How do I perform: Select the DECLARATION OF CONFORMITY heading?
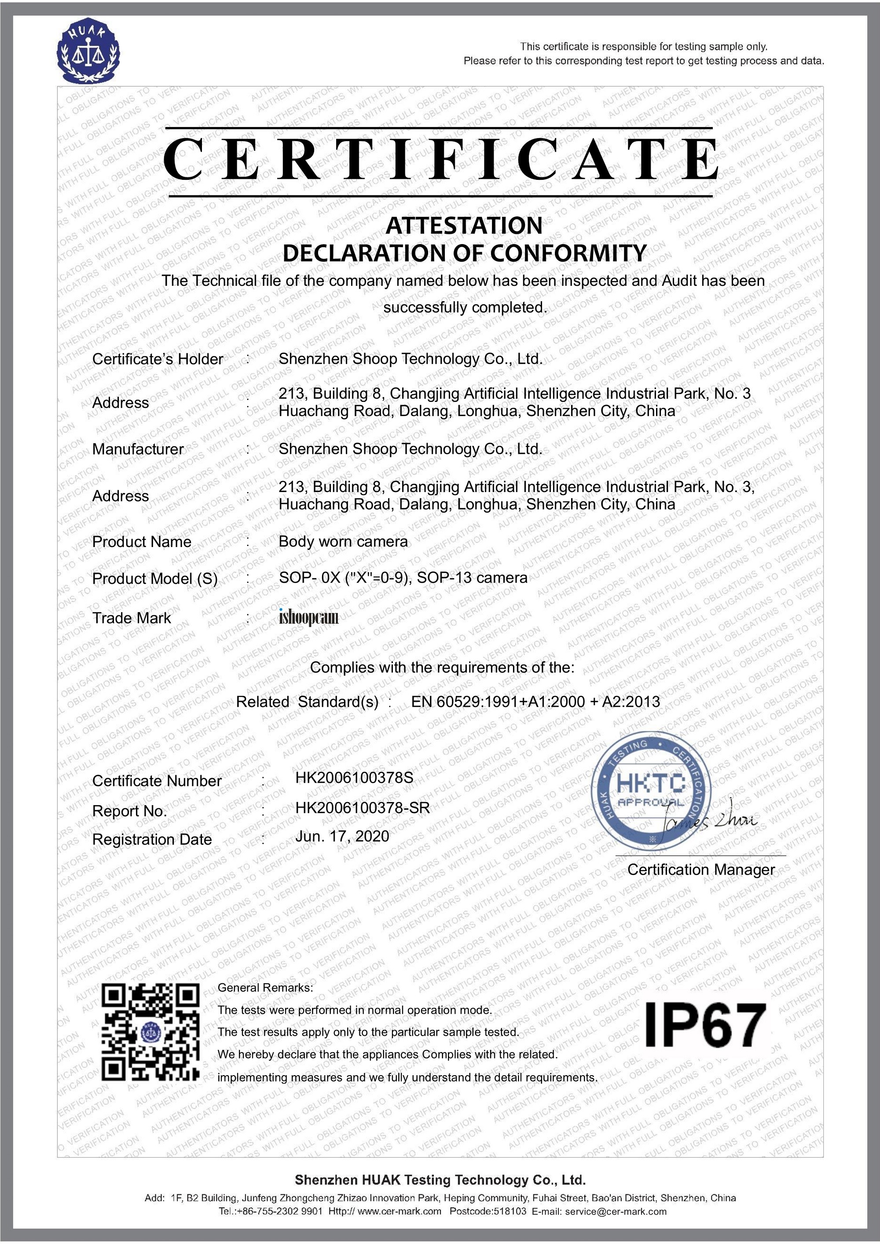pyautogui.click(x=465, y=253)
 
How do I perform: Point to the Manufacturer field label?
pyautogui.click(x=138, y=449)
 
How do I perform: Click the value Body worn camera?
pyautogui.click(x=343, y=542)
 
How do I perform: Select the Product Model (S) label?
pyautogui.click(x=155, y=579)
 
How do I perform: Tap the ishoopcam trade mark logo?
pyautogui.click(x=308, y=617)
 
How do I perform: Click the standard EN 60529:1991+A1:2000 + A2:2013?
pyautogui.click(x=535, y=702)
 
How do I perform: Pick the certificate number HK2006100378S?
pyautogui.click(x=354, y=778)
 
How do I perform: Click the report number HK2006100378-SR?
pyautogui.click(x=362, y=808)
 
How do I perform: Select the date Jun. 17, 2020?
pyautogui.click(x=342, y=836)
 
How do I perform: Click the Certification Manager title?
pyautogui.click(x=701, y=870)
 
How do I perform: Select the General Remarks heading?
pyautogui.click(x=265, y=987)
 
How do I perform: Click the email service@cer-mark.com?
pyautogui.click(x=616, y=1211)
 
